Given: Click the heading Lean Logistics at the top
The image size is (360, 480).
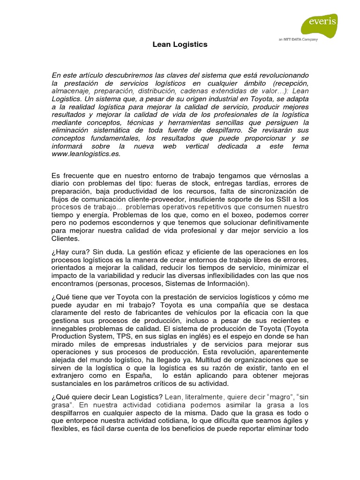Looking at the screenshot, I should (x=180, y=45).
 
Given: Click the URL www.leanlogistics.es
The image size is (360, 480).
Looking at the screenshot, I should (x=86, y=153).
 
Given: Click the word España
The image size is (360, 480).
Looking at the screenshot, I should (x=138, y=375).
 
